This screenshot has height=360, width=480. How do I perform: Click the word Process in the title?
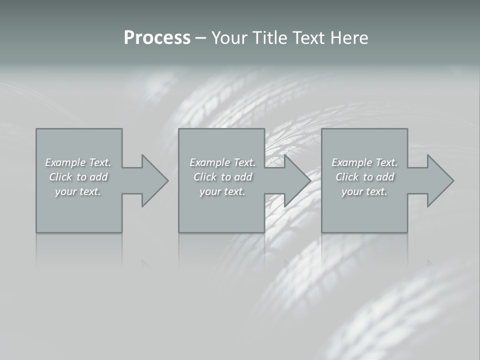pos(157,38)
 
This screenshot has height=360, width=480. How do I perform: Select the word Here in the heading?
pos(350,38)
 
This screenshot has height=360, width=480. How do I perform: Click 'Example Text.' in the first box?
pos(78,162)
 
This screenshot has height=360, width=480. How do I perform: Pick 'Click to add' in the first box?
pos(78,177)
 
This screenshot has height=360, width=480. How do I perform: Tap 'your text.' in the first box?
pos(78,191)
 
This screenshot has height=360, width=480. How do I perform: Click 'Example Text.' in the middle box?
pos(222,162)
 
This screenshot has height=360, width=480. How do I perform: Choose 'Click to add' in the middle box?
pos(222,177)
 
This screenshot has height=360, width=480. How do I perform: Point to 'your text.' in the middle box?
pos(222,191)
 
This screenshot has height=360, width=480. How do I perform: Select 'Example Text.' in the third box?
pos(364,162)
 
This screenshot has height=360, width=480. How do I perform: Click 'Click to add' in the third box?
pos(364,177)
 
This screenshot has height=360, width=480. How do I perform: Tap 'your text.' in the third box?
pos(364,191)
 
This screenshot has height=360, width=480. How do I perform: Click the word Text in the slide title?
pos(309,38)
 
